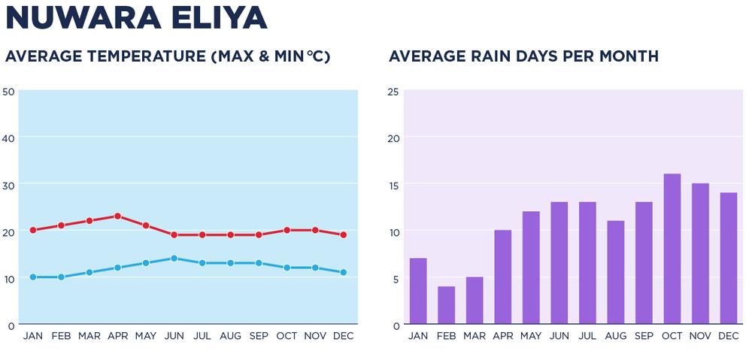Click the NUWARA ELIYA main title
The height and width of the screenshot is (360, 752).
click(x=136, y=18)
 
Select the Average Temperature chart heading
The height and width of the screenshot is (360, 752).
click(x=168, y=57)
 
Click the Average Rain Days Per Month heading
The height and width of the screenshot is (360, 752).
click(x=523, y=57)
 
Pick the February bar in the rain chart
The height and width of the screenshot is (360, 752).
click(x=446, y=305)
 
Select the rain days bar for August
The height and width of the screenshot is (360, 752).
click(x=616, y=273)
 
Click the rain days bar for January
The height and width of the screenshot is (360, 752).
click(x=418, y=292)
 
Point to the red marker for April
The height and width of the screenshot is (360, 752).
click(x=117, y=216)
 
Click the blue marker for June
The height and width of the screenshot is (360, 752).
click(x=174, y=259)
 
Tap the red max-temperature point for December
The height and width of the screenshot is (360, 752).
click(x=343, y=235)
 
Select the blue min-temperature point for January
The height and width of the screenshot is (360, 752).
click(x=33, y=277)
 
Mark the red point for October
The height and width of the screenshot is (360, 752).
click(x=287, y=231)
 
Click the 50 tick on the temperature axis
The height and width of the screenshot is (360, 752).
click(x=8, y=92)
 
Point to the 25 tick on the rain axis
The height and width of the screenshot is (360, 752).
click(x=393, y=92)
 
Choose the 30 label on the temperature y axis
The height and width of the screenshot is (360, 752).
click(x=8, y=185)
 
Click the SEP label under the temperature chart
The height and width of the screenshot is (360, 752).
click(x=258, y=336)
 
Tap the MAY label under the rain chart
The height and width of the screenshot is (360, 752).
click(x=531, y=336)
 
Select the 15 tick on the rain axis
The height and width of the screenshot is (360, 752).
click(x=393, y=185)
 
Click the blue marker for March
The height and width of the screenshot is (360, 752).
click(x=89, y=273)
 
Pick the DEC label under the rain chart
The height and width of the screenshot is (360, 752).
click(x=729, y=336)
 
